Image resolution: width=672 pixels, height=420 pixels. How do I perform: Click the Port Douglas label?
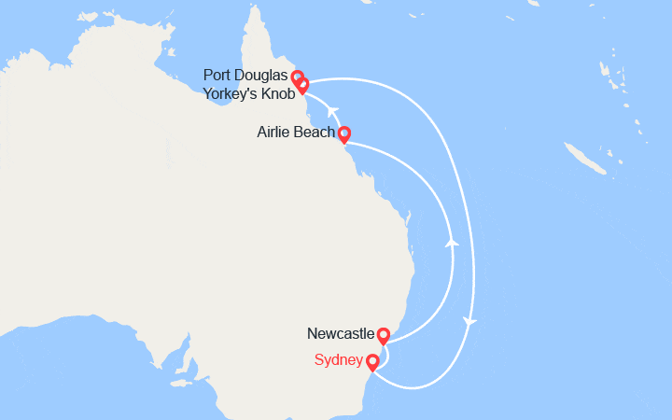[246, 76]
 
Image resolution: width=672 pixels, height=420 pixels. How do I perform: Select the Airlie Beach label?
[295, 133]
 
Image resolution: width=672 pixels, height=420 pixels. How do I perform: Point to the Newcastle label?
[341, 333]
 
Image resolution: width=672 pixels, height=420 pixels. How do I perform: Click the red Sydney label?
[339, 360]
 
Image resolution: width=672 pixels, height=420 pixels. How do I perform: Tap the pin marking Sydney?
[373, 362]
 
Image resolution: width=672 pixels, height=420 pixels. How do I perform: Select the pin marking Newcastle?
[383, 335]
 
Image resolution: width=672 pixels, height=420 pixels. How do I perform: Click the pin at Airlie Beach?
[343, 134]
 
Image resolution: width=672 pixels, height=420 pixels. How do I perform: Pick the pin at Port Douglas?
[297, 77]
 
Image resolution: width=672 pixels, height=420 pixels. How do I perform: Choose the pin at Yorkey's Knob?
[302, 86]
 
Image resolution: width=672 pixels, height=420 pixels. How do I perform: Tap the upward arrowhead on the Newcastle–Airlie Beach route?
[453, 242]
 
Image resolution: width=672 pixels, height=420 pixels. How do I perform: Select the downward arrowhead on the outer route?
[470, 322]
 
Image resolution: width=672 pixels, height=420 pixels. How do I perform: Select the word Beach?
[315, 133]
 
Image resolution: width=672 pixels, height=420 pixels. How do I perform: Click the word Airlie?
[275, 133]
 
